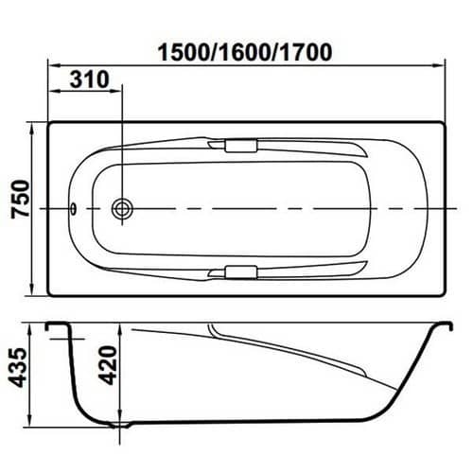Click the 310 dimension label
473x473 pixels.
pos(90,79)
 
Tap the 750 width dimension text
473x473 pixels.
pos(21,199)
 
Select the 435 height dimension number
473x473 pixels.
pos(18,367)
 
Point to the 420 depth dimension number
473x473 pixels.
pos(108,365)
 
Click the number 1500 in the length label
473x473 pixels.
pos(184,52)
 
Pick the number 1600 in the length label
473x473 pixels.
pos(245,52)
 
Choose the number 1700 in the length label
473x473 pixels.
pos(306,52)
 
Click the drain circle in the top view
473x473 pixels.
pos(122,208)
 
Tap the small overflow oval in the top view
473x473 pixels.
pos(73,208)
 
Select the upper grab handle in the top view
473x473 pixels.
pos(241,146)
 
